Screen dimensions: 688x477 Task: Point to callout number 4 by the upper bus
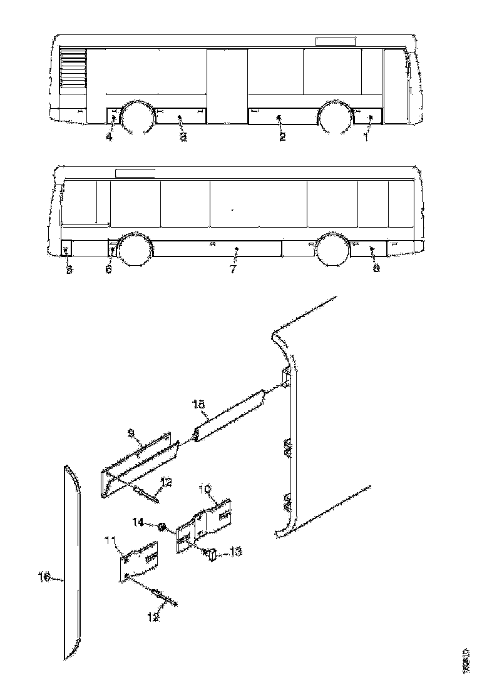point(109,137)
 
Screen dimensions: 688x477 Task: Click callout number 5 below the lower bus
point(69,270)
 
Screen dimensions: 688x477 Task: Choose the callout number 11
point(111,539)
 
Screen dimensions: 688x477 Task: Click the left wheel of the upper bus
point(136,118)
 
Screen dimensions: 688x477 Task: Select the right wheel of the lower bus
point(333,250)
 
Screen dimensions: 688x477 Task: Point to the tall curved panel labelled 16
point(72,563)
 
